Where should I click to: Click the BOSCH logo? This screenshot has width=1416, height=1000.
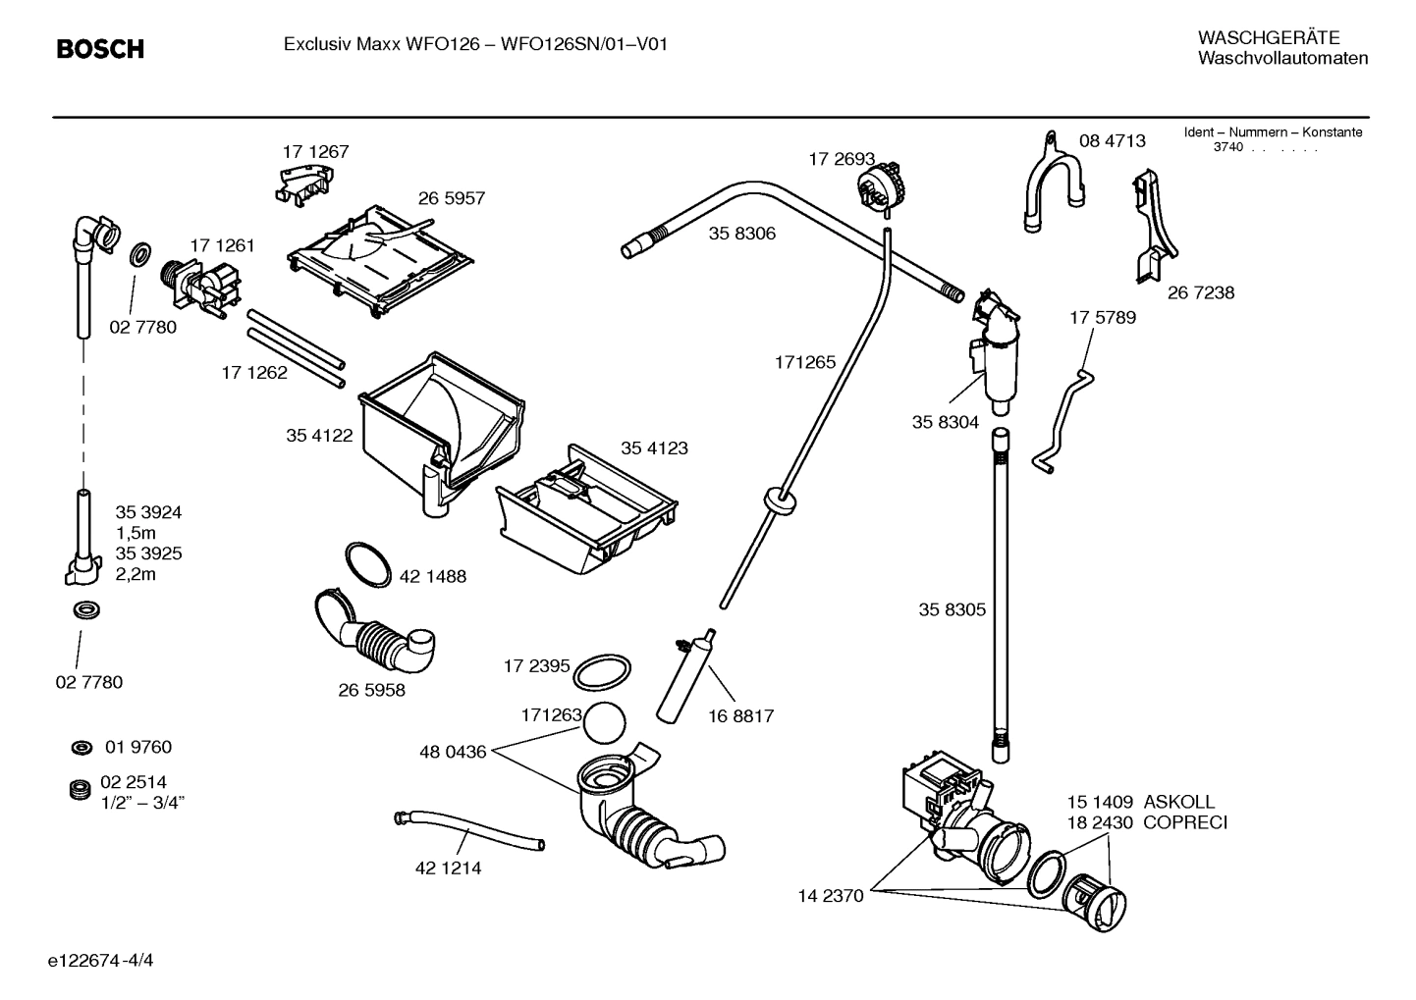coord(100,48)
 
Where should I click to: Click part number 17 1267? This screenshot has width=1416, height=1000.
coord(315,152)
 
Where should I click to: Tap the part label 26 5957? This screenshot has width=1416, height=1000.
coord(452,198)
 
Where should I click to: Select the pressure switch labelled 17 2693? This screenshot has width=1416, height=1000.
coord(879,184)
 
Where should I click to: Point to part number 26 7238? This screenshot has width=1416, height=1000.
coord(1201,292)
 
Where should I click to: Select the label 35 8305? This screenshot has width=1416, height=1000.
coord(952,609)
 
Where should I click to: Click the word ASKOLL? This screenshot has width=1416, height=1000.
coord(1178,802)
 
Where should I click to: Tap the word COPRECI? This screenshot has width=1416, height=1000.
coord(1185,822)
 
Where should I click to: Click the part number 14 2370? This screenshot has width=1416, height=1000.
coord(830,895)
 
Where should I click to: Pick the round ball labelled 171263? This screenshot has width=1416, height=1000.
coord(603,725)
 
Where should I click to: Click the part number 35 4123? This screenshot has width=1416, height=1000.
coord(654,448)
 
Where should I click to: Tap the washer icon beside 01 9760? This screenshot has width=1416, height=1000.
coord(82,749)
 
